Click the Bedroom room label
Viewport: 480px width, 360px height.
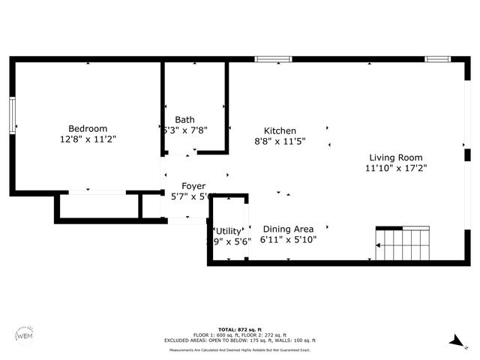(88, 128)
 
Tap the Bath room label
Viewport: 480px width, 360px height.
(184, 119)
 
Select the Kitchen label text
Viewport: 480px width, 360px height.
(279, 130)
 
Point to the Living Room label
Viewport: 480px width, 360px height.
(395, 157)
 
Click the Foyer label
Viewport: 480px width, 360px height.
(193, 186)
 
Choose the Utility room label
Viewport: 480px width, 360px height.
(228, 230)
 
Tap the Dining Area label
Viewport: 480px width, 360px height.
(288, 229)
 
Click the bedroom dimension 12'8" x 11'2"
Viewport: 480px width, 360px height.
(88, 139)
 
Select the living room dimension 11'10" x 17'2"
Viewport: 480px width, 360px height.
(395, 169)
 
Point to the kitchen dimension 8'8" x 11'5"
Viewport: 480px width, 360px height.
(279, 141)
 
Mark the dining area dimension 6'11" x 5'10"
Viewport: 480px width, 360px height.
(288, 240)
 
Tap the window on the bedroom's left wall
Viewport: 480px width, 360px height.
(12, 115)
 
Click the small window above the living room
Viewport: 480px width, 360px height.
(436, 58)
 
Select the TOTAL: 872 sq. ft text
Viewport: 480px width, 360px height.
(240, 329)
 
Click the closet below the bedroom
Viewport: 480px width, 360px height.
(97, 207)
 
